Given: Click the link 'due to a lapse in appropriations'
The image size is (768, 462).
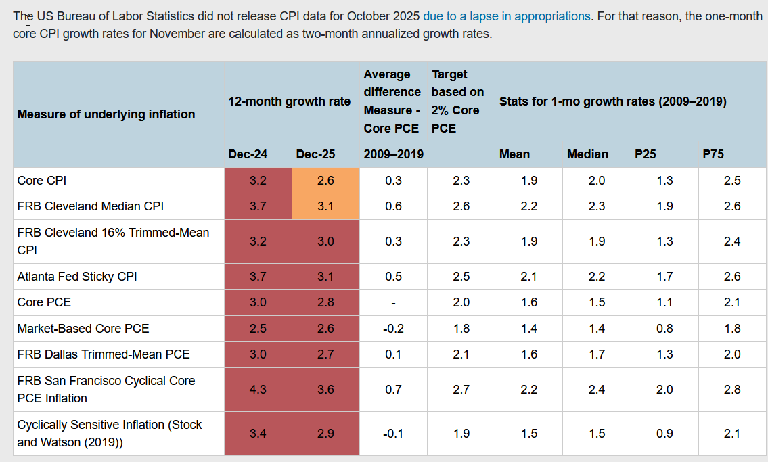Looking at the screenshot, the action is point(506,16).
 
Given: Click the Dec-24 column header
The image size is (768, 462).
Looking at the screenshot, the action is point(248,154).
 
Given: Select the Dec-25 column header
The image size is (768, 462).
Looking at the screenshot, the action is point(315,154).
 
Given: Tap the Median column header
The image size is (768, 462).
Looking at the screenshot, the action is point(588,154).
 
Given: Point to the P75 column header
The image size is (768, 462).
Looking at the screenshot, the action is point(713,154).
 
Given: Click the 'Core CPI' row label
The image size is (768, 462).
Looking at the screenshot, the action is point(42,181).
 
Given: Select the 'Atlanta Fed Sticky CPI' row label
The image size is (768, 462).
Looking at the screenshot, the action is point(77,277).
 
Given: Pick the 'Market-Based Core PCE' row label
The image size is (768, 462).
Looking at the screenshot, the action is point(83,328).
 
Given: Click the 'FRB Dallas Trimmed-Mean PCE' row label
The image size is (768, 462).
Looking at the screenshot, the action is point(104,354).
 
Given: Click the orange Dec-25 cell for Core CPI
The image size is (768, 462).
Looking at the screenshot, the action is point(325,181).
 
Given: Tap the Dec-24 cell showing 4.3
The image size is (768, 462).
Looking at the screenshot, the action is point(258,390).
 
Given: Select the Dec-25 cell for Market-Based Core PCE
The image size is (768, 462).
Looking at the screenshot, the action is point(325,328).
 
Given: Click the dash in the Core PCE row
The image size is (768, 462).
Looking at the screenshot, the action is point(393,303).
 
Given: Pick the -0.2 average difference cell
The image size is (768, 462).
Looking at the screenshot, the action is point(393,328).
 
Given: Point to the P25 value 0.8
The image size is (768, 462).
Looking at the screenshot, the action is point(664,328).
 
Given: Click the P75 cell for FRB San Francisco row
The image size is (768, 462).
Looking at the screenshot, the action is point(732,390).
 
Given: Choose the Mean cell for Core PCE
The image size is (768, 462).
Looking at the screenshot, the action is point(529,302).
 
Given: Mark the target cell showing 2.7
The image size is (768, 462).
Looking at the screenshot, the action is point(461,390).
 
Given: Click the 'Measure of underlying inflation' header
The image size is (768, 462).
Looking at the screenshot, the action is point(106,114).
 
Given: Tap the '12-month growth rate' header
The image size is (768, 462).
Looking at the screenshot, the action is point(290,101).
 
